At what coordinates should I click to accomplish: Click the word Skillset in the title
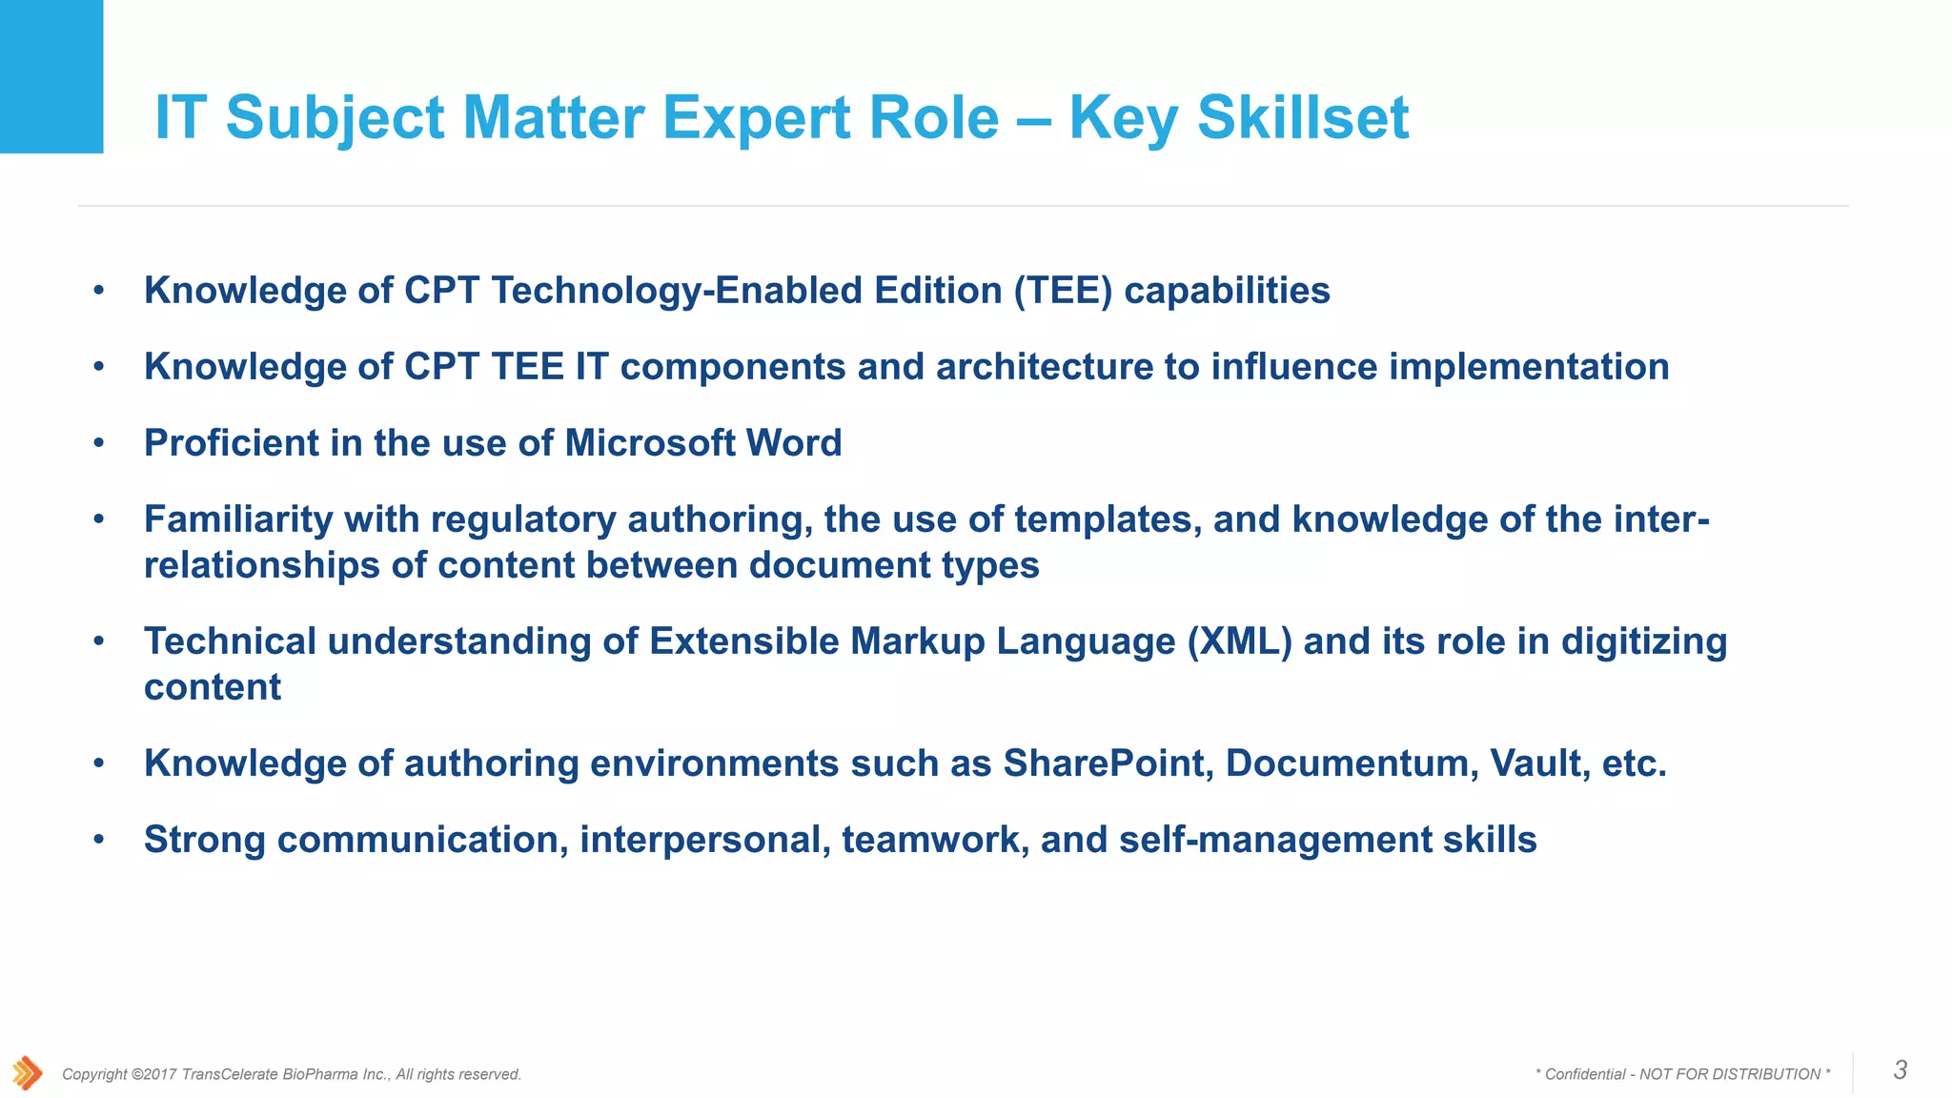(1302, 118)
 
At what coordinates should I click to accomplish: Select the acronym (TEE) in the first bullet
(1063, 291)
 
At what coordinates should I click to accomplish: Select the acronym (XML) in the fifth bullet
(1239, 641)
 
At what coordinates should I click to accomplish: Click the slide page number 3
(1900, 1070)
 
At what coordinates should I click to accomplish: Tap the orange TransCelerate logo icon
(27, 1073)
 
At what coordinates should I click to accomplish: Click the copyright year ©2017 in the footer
(152, 1074)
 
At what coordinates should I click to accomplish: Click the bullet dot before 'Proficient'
(98, 443)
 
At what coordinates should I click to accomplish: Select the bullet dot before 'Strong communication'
(98, 840)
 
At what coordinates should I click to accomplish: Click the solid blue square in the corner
(51, 76)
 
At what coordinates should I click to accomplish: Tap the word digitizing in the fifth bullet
(1643, 641)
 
